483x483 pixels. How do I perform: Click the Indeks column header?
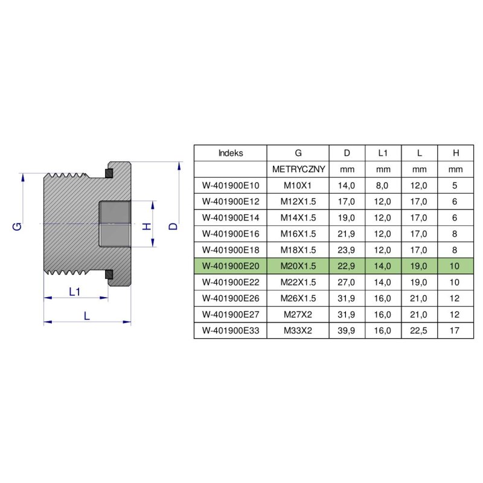click(x=230, y=153)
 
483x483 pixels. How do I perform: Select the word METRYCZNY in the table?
click(x=299, y=170)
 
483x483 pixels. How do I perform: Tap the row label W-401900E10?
click(x=230, y=186)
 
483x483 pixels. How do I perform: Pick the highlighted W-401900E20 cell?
click(x=230, y=266)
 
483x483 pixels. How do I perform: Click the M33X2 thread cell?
click(x=299, y=330)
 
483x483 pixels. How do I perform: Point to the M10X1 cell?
click(x=299, y=186)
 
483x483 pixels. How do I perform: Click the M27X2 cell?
click(x=299, y=314)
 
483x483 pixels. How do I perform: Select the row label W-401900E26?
click(x=230, y=298)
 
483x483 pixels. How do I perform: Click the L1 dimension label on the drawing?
click(x=75, y=292)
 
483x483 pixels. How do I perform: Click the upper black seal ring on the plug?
click(x=109, y=174)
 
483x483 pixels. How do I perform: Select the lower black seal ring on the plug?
click(x=109, y=275)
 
